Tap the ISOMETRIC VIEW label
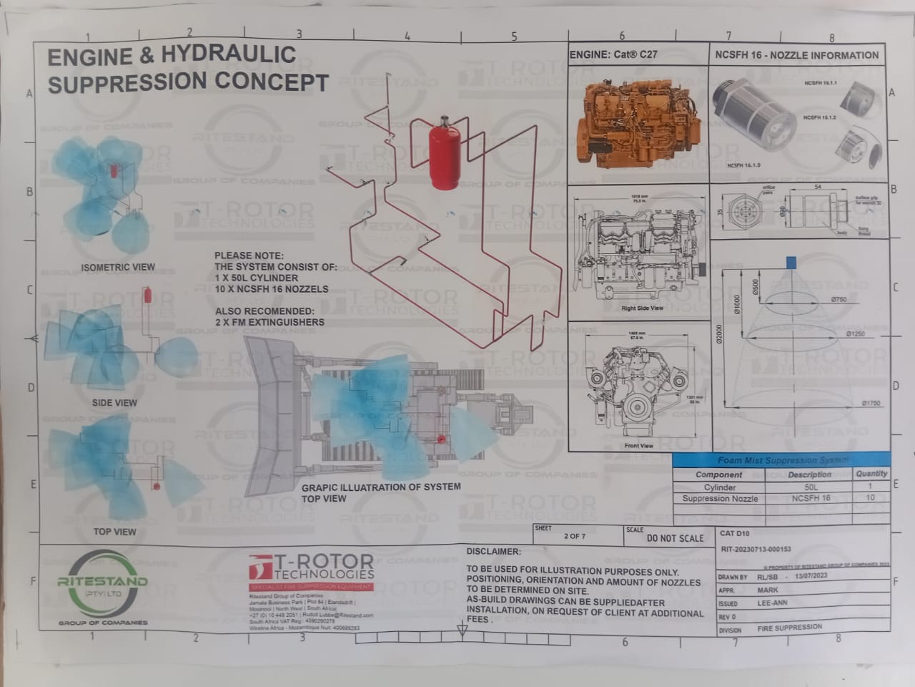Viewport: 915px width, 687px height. (118, 268)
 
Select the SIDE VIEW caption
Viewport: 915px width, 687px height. (114, 403)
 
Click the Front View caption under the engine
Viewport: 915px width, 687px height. (638, 446)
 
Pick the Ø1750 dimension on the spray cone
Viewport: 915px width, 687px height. (870, 404)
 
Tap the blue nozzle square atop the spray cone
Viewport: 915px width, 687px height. (790, 262)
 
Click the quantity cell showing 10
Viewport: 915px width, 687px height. (870, 497)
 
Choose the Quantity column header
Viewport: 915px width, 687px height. (871, 473)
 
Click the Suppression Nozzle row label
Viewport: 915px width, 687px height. (720, 498)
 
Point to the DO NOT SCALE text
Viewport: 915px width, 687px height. (675, 538)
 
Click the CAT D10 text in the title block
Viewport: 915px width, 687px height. (736, 533)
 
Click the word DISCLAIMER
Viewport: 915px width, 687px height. (493, 552)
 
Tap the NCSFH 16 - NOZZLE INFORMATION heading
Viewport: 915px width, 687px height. (797, 55)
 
